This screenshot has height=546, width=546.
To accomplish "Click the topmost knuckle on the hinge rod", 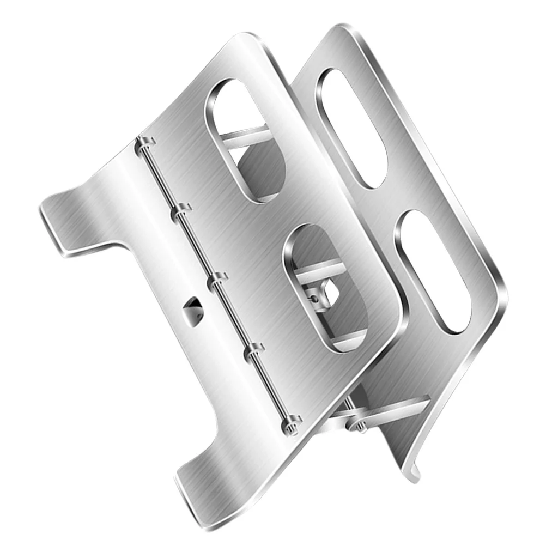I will pos(143,144).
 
